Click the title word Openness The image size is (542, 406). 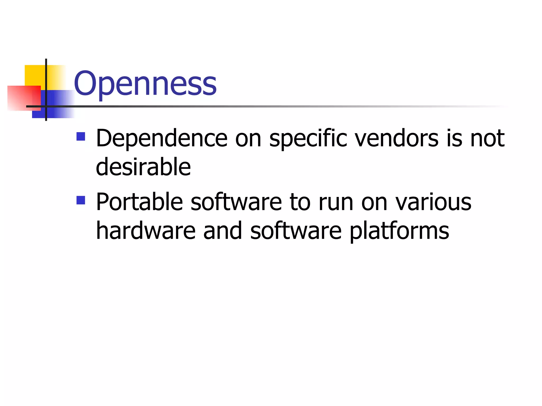point(145,84)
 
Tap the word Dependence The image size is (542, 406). point(162,138)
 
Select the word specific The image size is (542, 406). point(308,138)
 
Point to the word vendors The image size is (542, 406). point(396,138)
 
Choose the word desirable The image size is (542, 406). point(143,167)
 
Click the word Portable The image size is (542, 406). point(139,202)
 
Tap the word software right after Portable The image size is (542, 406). point(236,202)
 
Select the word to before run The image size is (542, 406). point(300,202)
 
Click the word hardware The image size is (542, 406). point(146,231)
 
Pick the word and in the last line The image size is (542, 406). point(223,231)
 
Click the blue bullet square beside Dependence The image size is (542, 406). point(81,136)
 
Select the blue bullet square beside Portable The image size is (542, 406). point(81,200)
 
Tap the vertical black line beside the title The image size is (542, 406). point(46,79)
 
